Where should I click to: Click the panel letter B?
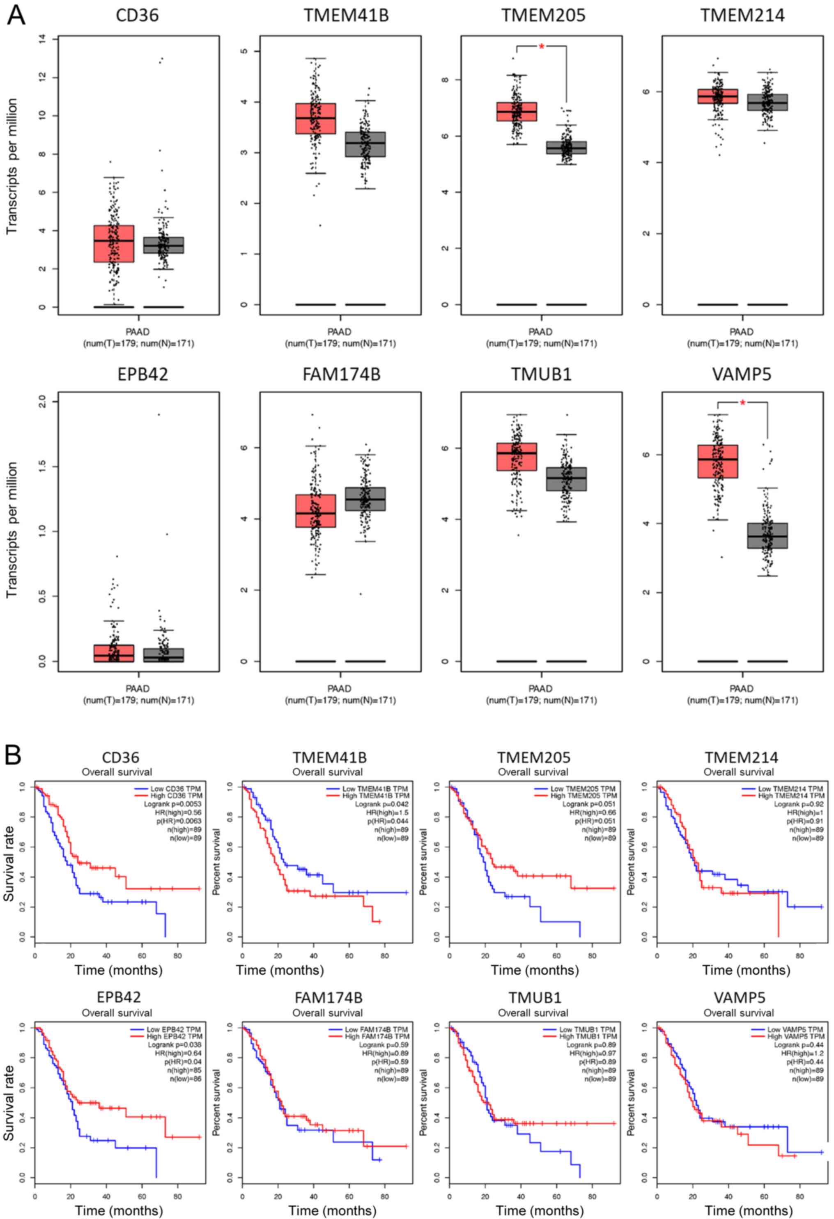point(14,756)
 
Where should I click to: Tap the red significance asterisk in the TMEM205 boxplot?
point(541,47)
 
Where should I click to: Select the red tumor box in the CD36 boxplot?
point(114,243)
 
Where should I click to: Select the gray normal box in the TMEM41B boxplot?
point(365,144)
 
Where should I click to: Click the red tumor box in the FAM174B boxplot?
point(315,510)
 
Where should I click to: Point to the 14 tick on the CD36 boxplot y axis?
point(42,39)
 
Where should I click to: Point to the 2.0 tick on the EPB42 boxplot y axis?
point(42,402)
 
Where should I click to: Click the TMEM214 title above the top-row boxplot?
point(742,16)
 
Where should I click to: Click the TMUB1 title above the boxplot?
point(541,374)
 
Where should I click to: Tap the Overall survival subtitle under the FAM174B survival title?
point(327,1013)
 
